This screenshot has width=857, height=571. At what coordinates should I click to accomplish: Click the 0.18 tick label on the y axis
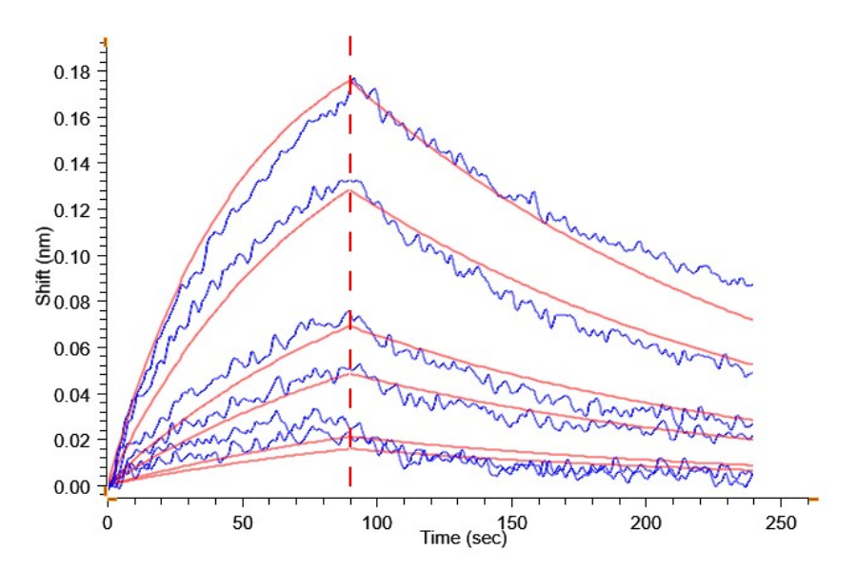click(x=72, y=72)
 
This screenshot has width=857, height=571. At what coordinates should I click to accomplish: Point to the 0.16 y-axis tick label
click(x=72, y=119)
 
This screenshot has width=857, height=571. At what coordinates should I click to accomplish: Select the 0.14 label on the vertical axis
click(x=72, y=165)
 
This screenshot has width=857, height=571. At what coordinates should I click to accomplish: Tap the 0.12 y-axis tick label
click(x=72, y=210)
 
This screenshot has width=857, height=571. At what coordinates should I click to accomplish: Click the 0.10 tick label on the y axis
click(x=72, y=257)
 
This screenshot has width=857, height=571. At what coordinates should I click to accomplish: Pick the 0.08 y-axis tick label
click(x=72, y=303)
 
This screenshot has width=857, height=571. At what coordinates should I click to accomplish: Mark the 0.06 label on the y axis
click(x=72, y=349)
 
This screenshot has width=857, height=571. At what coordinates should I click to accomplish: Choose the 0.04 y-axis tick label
click(x=72, y=395)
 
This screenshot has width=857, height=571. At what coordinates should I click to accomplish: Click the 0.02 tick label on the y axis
click(x=72, y=441)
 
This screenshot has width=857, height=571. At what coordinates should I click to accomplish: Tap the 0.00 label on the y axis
click(x=72, y=487)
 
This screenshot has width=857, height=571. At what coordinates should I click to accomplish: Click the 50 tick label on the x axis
click(x=242, y=523)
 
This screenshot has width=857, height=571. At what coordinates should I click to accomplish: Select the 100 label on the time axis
click(x=377, y=523)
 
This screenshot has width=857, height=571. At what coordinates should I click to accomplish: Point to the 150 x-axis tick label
click(x=511, y=523)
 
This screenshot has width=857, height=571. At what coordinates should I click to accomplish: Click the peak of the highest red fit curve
click(x=350, y=79)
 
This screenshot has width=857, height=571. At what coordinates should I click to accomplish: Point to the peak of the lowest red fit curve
click(x=350, y=448)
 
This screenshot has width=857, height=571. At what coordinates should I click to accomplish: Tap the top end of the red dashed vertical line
click(x=350, y=38)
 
